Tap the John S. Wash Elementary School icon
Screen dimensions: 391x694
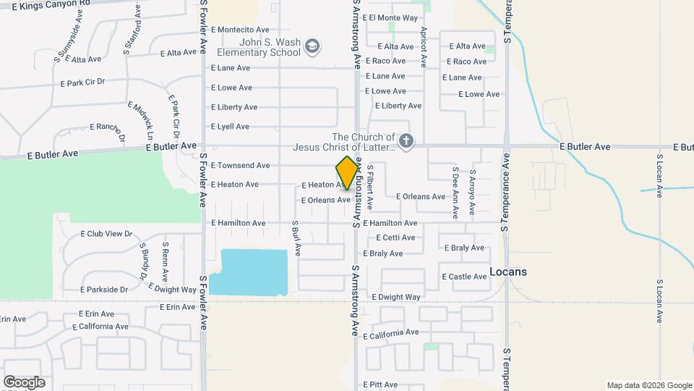click(x=312, y=47)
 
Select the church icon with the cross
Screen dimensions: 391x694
click(x=406, y=140)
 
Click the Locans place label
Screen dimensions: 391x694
click(x=508, y=272)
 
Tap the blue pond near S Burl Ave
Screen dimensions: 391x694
click(x=253, y=272)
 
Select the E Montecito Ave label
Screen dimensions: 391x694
click(x=240, y=30)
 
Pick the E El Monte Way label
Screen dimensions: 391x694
click(x=390, y=17)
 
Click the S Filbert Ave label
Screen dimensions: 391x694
click(x=369, y=187)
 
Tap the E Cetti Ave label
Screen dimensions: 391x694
click(x=395, y=237)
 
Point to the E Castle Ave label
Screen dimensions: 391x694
click(x=464, y=277)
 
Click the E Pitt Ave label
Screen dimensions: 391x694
click(x=380, y=384)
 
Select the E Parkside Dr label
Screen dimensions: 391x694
click(x=104, y=290)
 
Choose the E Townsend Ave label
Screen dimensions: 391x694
click(x=240, y=166)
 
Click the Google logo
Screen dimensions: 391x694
click(x=24, y=382)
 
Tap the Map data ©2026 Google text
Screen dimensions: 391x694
click(x=648, y=385)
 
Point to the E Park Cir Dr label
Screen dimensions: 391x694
click(x=83, y=83)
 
